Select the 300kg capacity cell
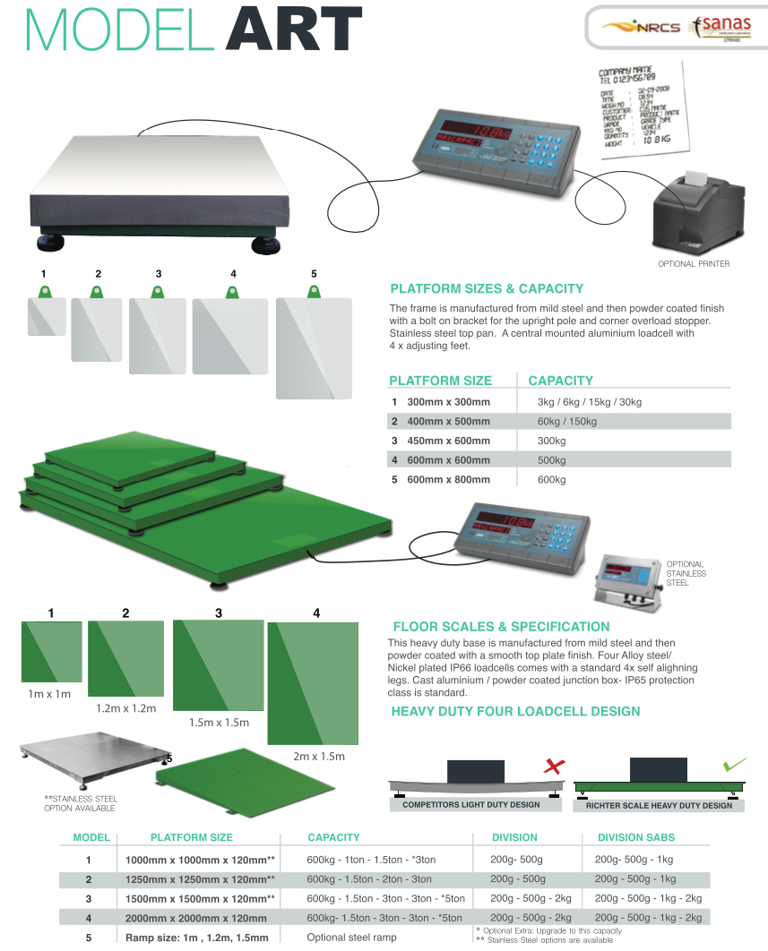pyautogui.click(x=551, y=441)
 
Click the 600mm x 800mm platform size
pyautogui.click(x=447, y=480)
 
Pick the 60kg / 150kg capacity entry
pyautogui.click(x=566, y=421)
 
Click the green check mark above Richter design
pyautogui.click(x=734, y=766)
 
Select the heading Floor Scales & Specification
pyautogui.click(x=501, y=627)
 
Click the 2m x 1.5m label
pyautogui.click(x=318, y=757)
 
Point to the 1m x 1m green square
pyautogui.click(x=51, y=652)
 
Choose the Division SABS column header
pyautogui.click(x=635, y=837)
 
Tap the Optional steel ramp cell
pyautogui.click(x=351, y=938)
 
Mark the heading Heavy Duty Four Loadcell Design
pyautogui.click(x=515, y=712)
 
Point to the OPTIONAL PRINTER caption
pyautogui.click(x=694, y=264)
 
